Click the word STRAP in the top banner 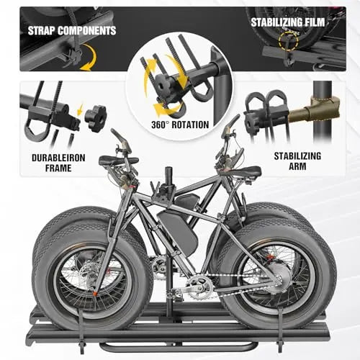click(41, 31)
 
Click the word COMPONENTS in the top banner click(87, 31)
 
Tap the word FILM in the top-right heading click(314, 22)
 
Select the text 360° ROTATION click(180, 125)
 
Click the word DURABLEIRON click(58, 158)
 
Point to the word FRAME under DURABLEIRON click(58, 168)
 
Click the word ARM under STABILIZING click(297, 166)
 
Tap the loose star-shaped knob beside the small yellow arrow click(96, 120)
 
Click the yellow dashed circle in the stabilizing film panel click(289, 42)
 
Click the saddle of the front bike click(119, 160)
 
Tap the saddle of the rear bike click(242, 171)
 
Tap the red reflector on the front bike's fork click(95, 293)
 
